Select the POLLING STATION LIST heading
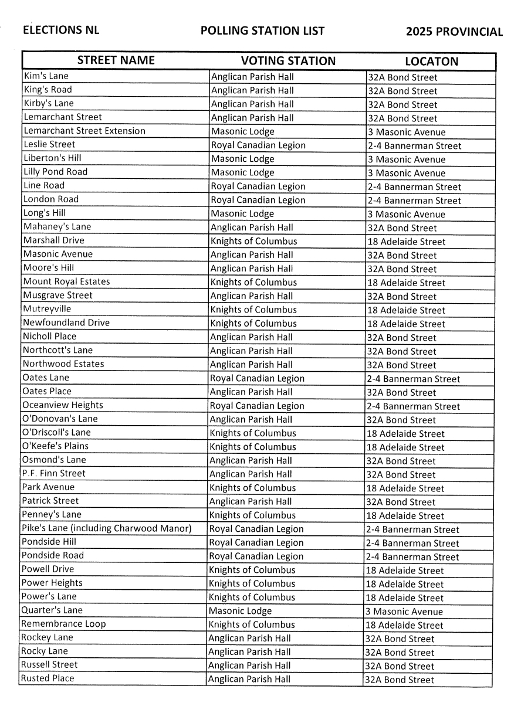click(x=262, y=31)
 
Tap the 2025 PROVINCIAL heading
click(x=454, y=32)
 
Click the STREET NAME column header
click(x=116, y=60)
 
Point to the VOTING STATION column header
click(x=288, y=61)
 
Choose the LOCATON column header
click(x=431, y=62)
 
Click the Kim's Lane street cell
click(x=46, y=76)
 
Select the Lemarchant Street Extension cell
click(x=84, y=131)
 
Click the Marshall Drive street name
click(x=53, y=240)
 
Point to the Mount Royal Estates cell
click(x=66, y=281)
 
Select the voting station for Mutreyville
click(x=253, y=310)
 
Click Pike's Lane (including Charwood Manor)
click(x=106, y=528)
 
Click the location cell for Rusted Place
click(x=399, y=680)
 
